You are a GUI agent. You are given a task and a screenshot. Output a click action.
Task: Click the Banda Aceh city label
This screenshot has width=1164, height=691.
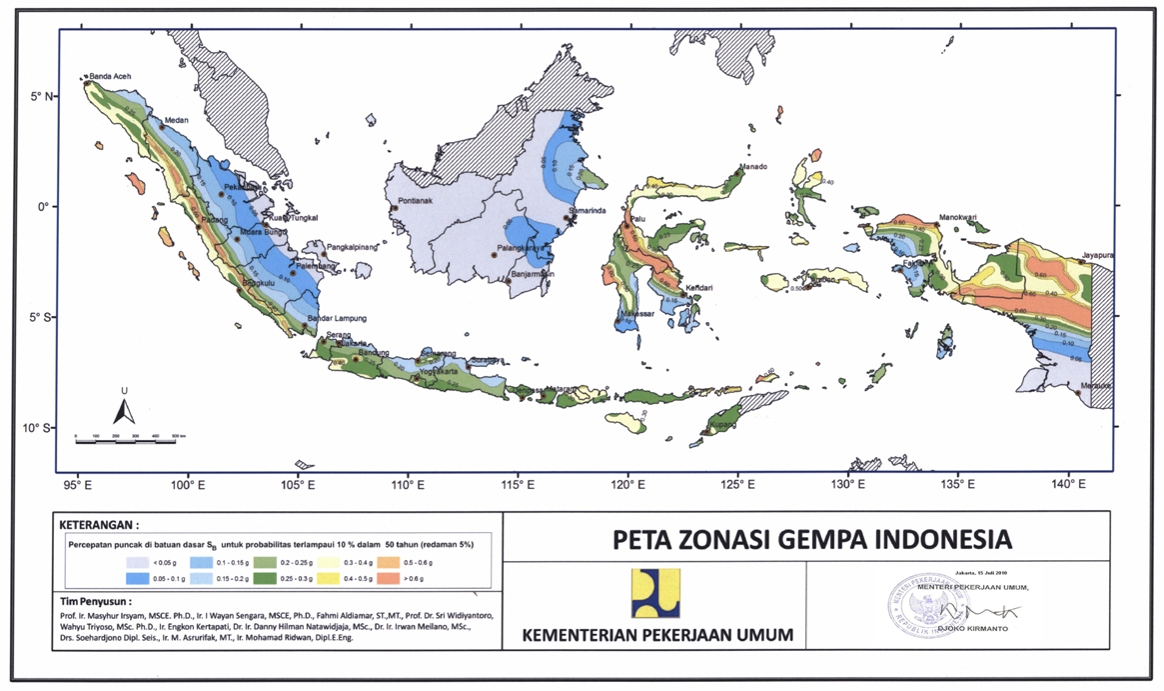pyautogui.click(x=110, y=76)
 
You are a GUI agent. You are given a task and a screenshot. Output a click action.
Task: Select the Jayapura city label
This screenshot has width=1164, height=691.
pyautogui.click(x=1095, y=255)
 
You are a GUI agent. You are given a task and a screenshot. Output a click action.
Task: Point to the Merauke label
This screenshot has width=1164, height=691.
pyautogui.click(x=1096, y=385)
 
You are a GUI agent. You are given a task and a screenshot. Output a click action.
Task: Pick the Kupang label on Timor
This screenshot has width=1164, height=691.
pyautogui.click(x=724, y=425)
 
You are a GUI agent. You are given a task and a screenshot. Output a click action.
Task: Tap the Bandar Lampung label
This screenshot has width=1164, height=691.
pyautogui.click(x=337, y=318)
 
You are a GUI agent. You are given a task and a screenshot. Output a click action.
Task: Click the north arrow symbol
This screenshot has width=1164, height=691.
pyautogui.click(x=123, y=410)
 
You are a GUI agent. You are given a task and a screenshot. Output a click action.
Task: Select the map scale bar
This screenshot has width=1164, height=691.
pyautogui.click(x=125, y=439)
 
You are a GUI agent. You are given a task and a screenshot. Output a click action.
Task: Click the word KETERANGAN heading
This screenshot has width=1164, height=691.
pyautogui.click(x=100, y=524)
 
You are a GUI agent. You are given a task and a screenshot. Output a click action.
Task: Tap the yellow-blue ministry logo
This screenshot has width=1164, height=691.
pyautogui.click(x=655, y=593)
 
